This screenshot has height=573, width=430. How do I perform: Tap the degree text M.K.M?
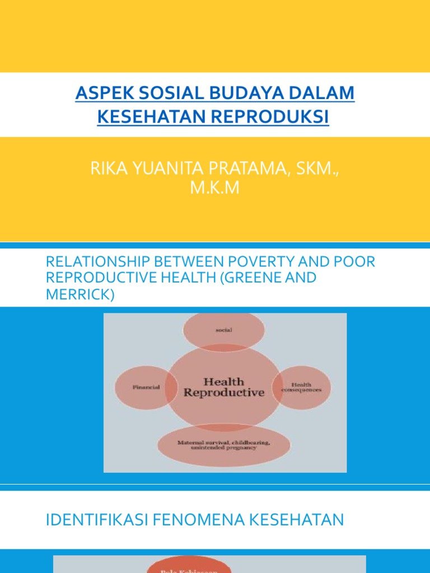pos(214,189)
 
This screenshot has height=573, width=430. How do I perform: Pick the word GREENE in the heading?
pos(258,278)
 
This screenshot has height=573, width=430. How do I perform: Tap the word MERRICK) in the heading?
pos(80,294)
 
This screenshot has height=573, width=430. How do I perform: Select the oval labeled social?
pos(224,331)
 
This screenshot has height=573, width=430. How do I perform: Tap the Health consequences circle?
pos(302,387)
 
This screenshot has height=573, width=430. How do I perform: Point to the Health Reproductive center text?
pos(223,387)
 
